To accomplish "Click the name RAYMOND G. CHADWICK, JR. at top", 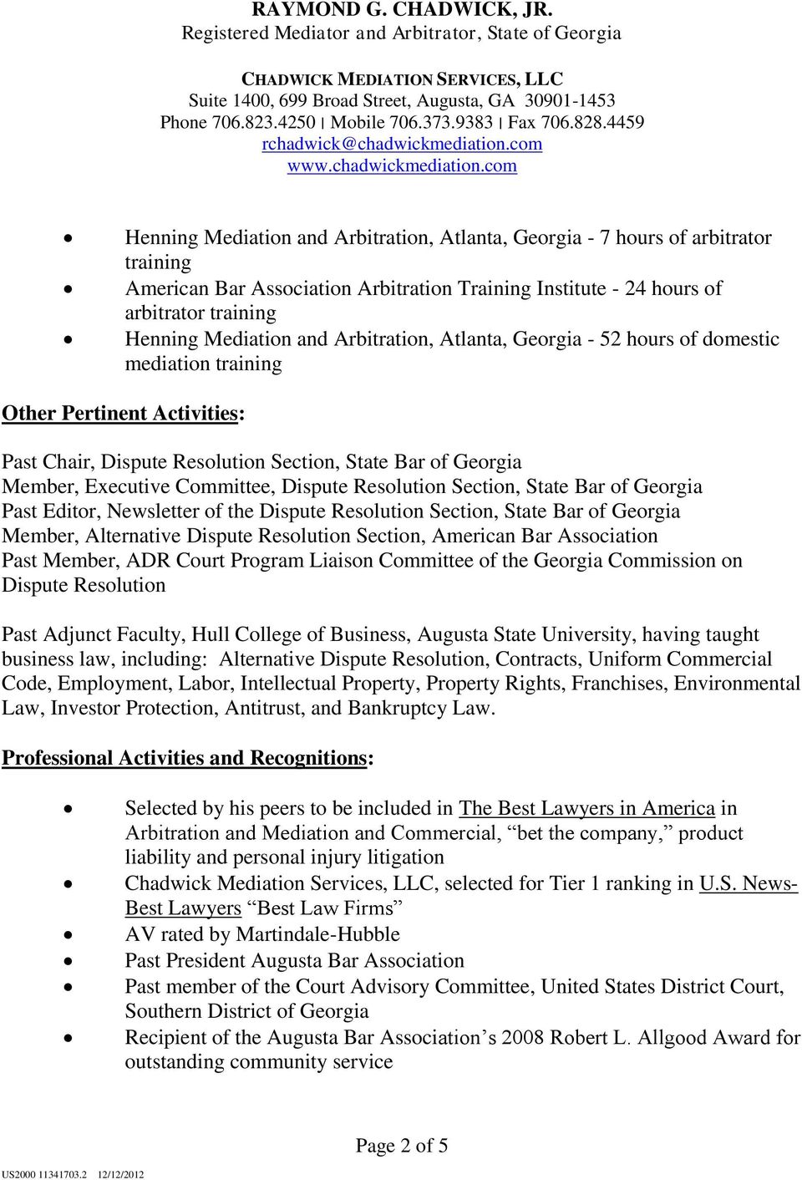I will [x=402, y=10].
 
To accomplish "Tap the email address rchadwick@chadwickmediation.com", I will [x=402, y=144].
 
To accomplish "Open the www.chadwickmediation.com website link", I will [x=402, y=165].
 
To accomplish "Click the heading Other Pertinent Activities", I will [x=120, y=414].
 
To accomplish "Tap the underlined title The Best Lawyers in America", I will [x=586, y=808].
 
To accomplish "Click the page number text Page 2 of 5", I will [x=402, y=1145].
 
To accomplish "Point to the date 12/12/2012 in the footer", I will [x=120, y=1174].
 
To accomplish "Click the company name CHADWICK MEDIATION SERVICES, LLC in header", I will [x=402, y=79].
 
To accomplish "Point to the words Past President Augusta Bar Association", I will [x=294, y=961].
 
